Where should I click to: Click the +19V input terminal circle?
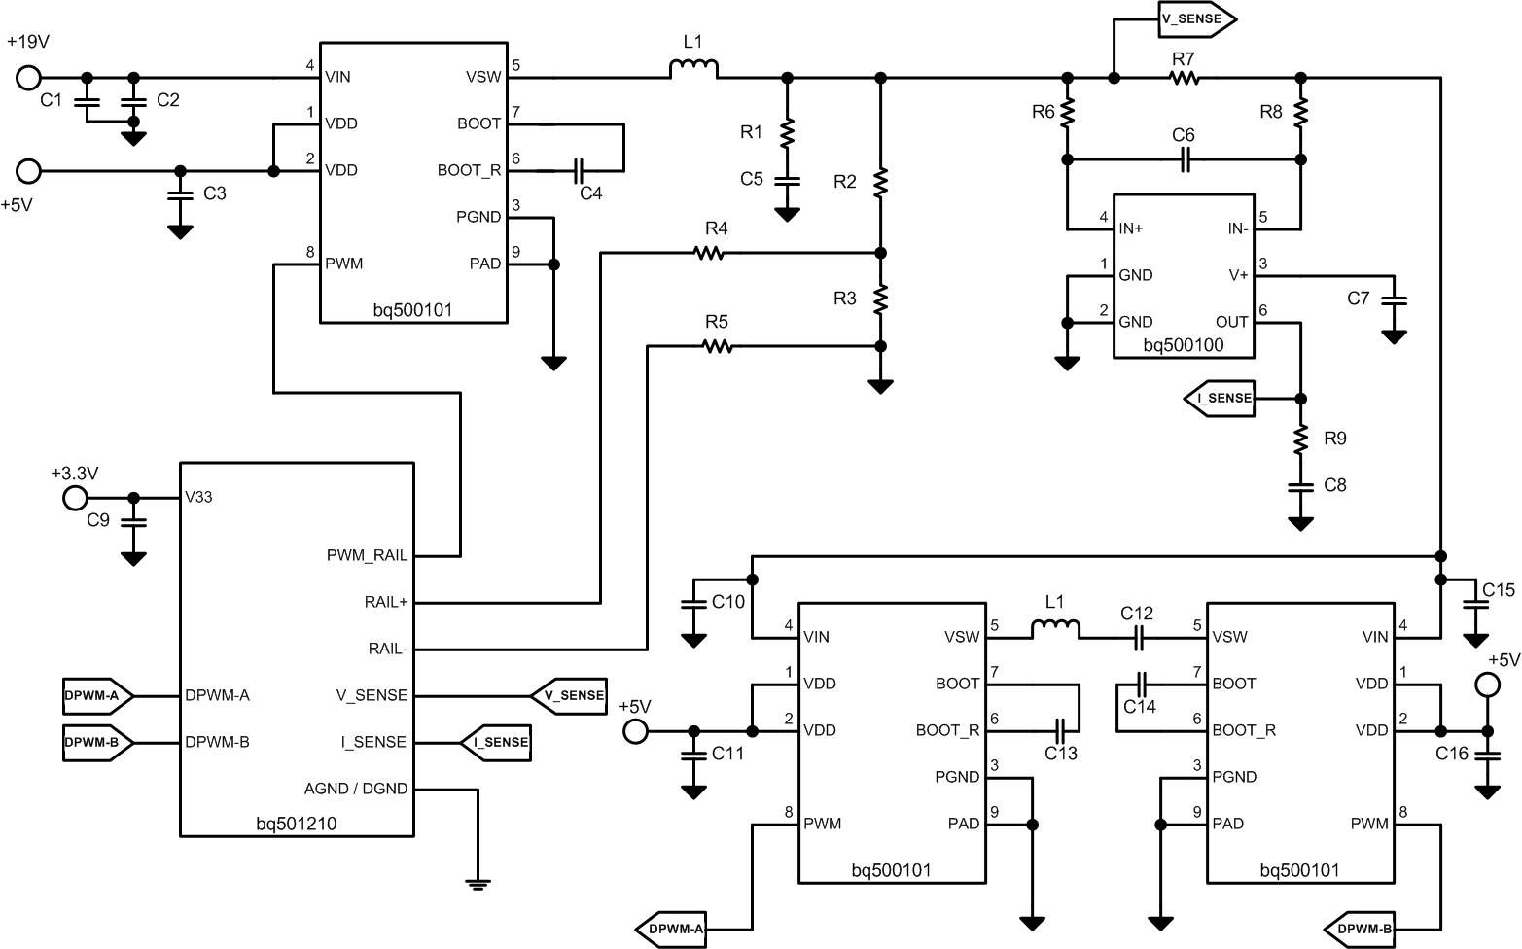click(x=29, y=78)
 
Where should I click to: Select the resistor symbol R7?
click(x=1184, y=78)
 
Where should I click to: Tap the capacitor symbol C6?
click(x=1184, y=159)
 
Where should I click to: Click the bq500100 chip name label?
click(x=1183, y=345)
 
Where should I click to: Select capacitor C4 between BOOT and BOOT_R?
click(x=579, y=171)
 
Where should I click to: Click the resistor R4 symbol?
click(x=710, y=253)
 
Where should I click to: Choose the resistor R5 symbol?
click(x=717, y=346)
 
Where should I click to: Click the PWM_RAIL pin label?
click(x=367, y=556)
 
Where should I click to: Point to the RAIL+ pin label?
click(x=386, y=603)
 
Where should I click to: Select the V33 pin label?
click(x=198, y=498)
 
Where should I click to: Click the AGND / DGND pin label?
click(x=356, y=789)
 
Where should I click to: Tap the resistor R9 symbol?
click(x=1300, y=439)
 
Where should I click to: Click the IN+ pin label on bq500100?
click(x=1131, y=229)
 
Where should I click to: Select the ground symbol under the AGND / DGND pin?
click(x=477, y=883)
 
